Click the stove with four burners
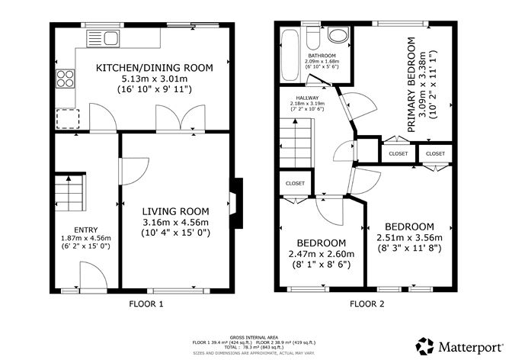64,79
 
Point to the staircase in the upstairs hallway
296,145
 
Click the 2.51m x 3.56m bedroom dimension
409,238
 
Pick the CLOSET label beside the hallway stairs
295,183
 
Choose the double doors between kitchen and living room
169,117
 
